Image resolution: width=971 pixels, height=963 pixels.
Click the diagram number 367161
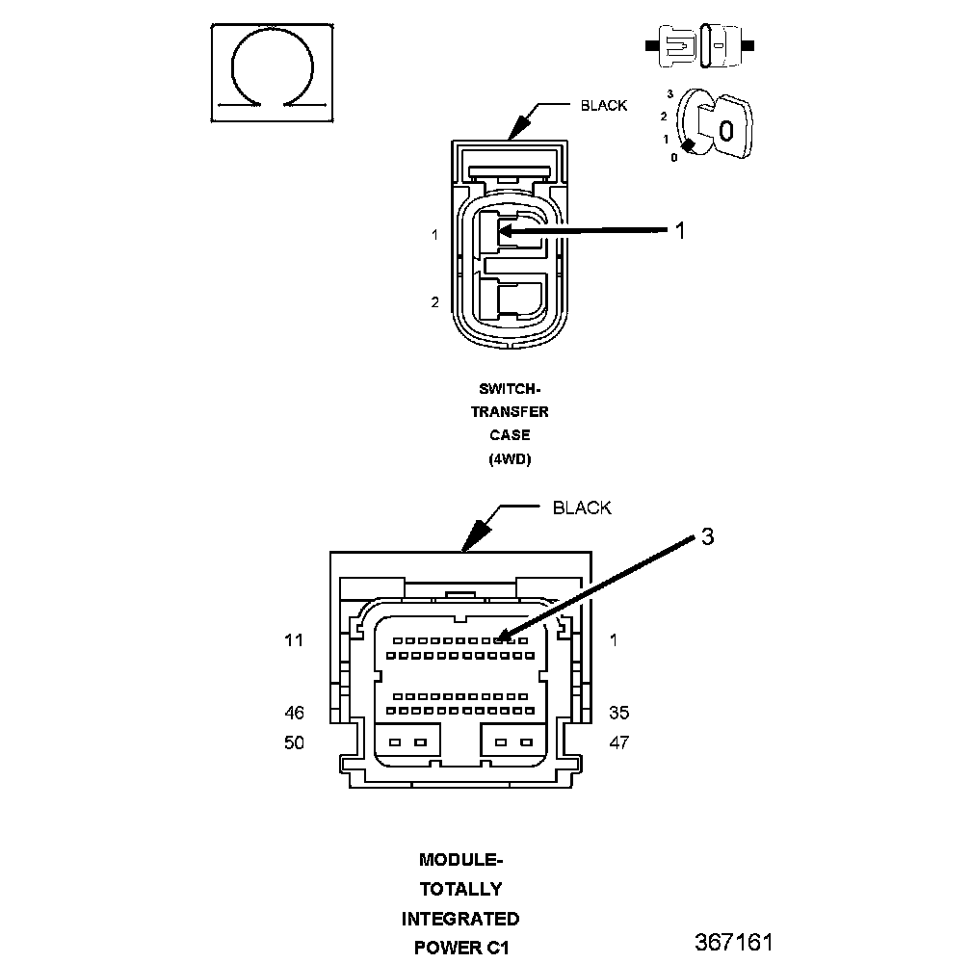(x=734, y=942)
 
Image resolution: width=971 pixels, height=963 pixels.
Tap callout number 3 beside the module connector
(x=708, y=536)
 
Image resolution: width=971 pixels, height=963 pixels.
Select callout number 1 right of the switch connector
(x=680, y=230)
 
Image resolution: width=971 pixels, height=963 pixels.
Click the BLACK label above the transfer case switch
(x=604, y=106)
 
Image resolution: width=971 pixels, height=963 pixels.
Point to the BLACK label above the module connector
(x=582, y=508)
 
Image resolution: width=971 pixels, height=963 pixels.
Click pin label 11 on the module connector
(x=294, y=640)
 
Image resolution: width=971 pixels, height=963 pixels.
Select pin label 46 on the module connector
(x=294, y=713)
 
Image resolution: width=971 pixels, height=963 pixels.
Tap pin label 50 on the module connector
(x=294, y=742)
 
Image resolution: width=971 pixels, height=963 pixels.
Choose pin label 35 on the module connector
(x=618, y=713)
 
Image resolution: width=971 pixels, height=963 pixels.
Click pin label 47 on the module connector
(x=618, y=742)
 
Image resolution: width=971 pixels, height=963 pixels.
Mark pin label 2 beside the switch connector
(x=434, y=302)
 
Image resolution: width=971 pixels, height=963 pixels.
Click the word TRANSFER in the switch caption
(x=510, y=411)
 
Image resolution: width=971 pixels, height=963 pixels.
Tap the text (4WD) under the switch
(x=510, y=459)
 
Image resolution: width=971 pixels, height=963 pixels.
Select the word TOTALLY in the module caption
(x=460, y=890)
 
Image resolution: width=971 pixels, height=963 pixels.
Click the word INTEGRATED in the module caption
(x=460, y=919)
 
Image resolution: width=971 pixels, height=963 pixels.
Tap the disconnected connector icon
(x=699, y=46)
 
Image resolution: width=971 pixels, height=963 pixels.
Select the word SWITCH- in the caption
(x=510, y=389)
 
